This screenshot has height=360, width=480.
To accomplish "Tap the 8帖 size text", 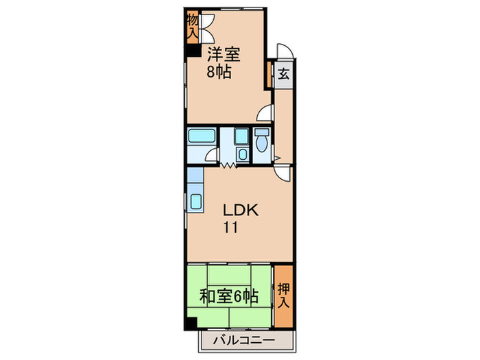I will [x=219, y=71].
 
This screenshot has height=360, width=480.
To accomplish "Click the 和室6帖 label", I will [x=228, y=297].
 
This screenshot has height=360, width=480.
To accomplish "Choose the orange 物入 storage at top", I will [x=192, y=26].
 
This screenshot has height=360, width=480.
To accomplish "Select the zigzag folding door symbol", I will [x=228, y=165].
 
